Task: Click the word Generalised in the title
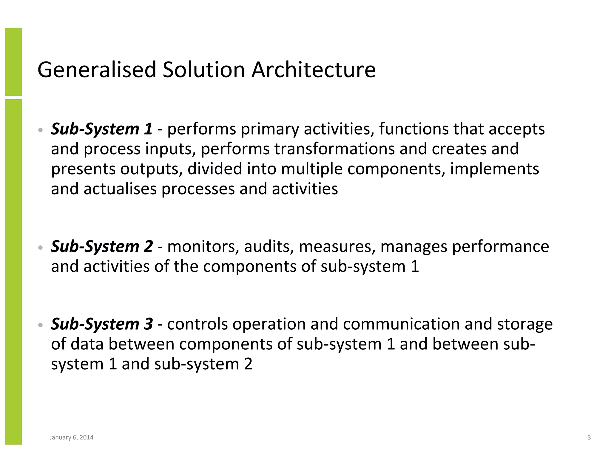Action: (97, 70)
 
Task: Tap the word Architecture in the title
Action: (313, 70)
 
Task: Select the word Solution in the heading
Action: (204, 70)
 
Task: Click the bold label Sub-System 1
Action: (102, 129)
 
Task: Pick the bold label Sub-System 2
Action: (102, 246)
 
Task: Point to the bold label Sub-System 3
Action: (102, 324)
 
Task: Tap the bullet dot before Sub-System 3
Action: (41, 325)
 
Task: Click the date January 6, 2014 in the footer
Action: (71, 437)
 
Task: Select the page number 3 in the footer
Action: (589, 437)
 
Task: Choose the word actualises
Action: (120, 189)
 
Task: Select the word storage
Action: (525, 325)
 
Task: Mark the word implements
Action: (494, 169)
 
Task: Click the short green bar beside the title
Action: (13, 62)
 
